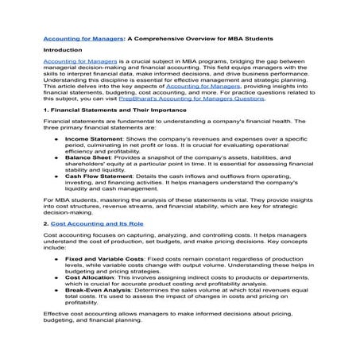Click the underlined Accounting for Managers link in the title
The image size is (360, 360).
(78, 38)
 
